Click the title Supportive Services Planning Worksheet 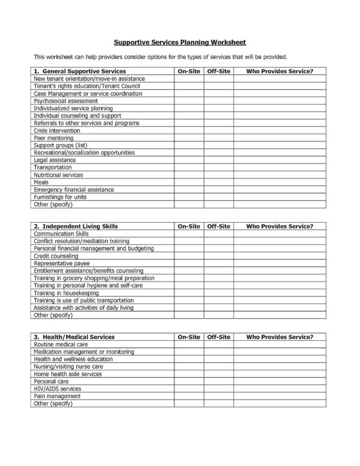click(180, 43)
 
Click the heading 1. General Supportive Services click(79, 71)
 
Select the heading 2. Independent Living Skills click(76, 226)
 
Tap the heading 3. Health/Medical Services click(74, 337)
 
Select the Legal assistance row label click(55, 160)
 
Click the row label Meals click(41, 182)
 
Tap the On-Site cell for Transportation click(189, 168)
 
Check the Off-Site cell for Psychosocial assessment click(219, 101)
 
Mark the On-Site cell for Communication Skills click(189, 234)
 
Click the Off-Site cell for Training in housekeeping click(219, 293)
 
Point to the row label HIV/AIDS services click(58, 389)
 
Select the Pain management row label click(58, 396)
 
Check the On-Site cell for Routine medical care click(189, 344)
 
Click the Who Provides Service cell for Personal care click(280, 382)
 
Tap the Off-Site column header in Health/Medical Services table click(219, 337)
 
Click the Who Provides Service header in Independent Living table click(280, 226)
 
